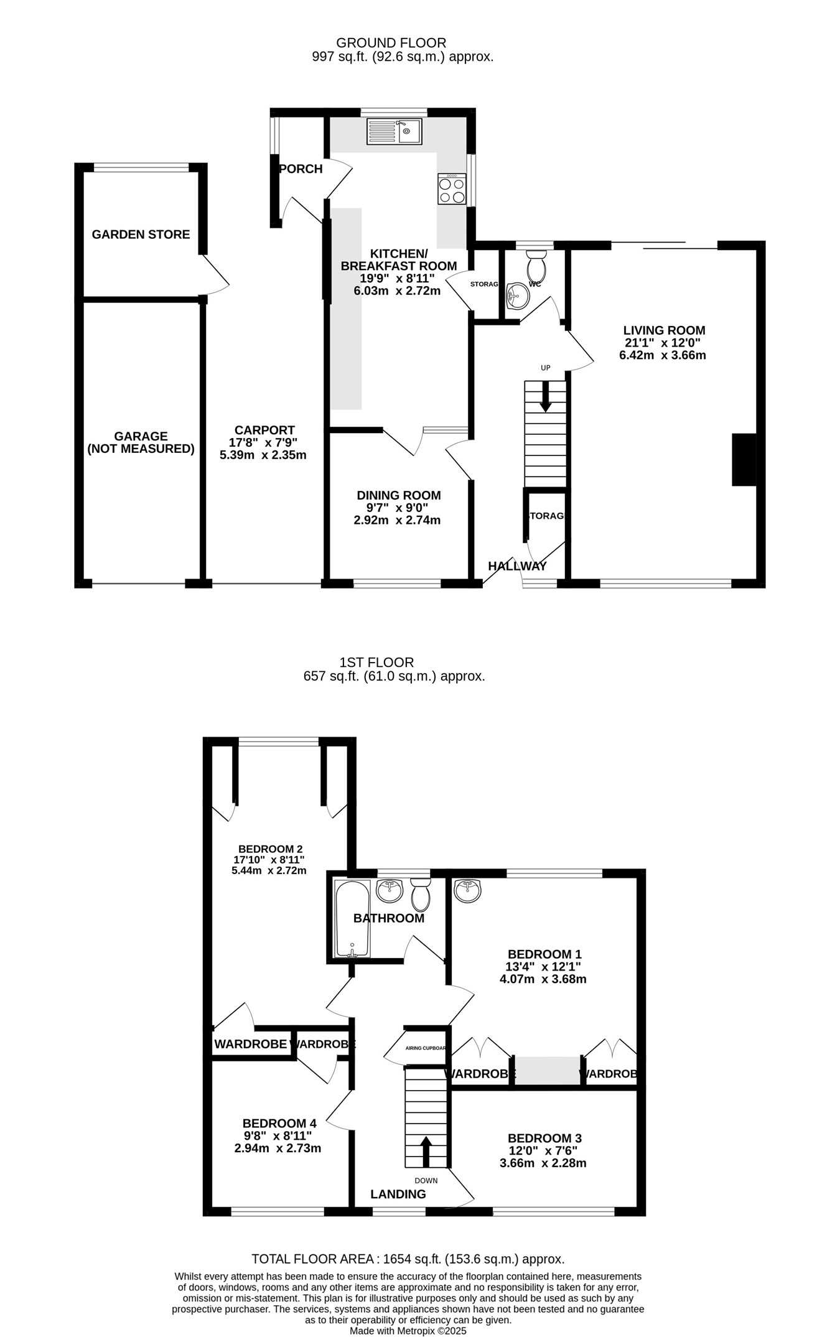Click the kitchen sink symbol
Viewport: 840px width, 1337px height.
(394, 131)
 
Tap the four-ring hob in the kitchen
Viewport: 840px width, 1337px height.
(452, 189)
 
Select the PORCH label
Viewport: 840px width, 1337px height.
(301, 169)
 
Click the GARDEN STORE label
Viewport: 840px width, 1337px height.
(141, 235)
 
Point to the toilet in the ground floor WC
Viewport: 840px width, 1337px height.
(536, 268)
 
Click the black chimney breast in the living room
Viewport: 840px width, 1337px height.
(744, 460)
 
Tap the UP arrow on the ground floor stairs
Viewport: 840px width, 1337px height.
(546, 396)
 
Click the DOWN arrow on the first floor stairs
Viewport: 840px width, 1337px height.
(426, 1152)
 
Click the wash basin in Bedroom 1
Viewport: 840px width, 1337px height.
(467, 891)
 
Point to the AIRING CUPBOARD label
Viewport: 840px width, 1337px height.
(426, 1048)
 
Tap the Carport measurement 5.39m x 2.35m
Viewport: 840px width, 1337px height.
(263, 455)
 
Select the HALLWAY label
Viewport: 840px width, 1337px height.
(517, 566)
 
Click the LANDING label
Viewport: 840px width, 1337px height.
(398, 1194)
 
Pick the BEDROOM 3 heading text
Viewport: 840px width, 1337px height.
(544, 1138)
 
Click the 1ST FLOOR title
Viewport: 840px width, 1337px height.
(376, 663)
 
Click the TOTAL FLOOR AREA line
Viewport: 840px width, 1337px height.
(408, 1259)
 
